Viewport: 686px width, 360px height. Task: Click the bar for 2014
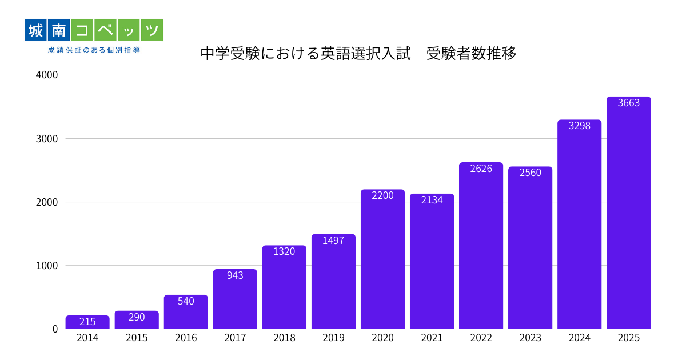pos(87,322)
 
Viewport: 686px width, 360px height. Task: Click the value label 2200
pos(382,195)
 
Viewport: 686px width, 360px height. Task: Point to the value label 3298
pos(579,126)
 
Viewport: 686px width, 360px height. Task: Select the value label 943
pos(235,275)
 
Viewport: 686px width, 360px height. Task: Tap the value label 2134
pos(432,200)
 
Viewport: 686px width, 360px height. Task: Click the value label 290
pos(137,317)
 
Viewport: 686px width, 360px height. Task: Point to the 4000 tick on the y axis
pos(46,75)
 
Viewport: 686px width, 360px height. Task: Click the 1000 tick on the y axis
pos(46,266)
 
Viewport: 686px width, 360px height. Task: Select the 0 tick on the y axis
pos(55,329)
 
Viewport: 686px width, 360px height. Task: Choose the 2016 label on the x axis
pos(186,338)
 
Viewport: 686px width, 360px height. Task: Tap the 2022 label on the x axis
pos(481,338)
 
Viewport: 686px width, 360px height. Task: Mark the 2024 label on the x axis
pos(579,338)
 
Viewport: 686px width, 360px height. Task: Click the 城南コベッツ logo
pos(94,30)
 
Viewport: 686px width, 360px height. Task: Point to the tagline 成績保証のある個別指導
pos(94,50)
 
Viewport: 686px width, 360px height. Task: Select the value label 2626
pos(481,169)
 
